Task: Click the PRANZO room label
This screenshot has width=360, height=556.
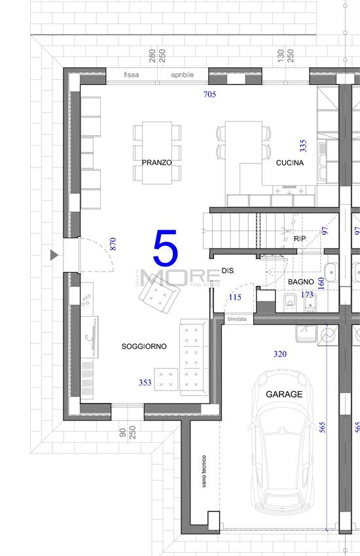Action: tap(157, 163)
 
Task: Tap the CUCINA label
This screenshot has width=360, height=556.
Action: tap(290, 163)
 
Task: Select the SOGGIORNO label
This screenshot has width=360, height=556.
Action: tap(144, 347)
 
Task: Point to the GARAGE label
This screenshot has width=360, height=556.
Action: tap(284, 394)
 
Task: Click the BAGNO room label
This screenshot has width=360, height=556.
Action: tap(301, 282)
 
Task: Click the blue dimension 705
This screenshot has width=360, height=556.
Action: tap(209, 94)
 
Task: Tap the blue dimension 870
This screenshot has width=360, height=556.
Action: tap(113, 244)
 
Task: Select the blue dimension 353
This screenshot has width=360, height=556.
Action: tap(145, 382)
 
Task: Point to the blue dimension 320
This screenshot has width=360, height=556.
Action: tap(280, 354)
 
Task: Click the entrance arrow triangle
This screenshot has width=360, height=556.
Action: tap(54, 255)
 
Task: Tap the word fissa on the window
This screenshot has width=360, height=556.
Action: tap(131, 75)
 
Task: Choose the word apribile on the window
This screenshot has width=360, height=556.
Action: tap(183, 75)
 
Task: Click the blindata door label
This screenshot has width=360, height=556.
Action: tap(237, 319)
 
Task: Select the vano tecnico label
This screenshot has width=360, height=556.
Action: tap(204, 471)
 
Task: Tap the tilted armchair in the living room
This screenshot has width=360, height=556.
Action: tap(159, 294)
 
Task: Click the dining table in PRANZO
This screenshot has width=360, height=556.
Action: tap(157, 153)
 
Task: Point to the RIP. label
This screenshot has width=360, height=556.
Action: tap(300, 239)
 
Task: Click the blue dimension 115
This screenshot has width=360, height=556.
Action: tap(235, 297)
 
